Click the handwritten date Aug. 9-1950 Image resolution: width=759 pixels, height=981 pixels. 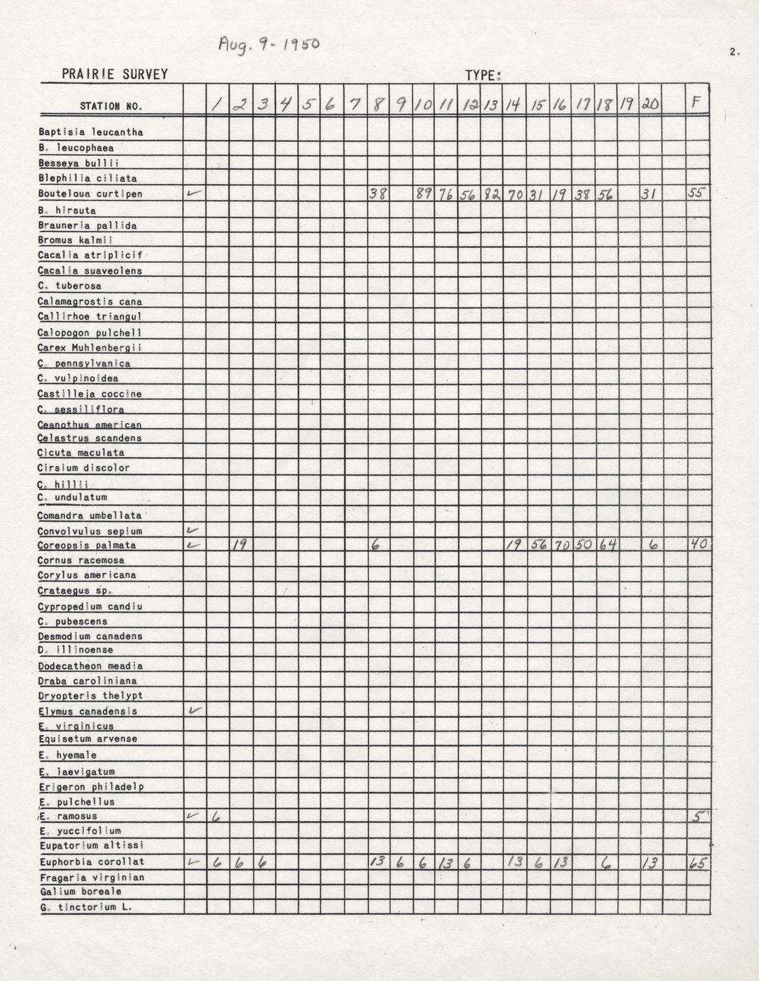269,45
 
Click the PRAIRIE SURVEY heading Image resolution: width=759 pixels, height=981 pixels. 114,74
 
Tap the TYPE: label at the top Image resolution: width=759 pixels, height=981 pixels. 483,75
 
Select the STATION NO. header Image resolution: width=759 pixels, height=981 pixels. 111,107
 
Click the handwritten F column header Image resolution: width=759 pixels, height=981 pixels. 696,103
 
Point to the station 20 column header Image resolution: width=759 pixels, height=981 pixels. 650,104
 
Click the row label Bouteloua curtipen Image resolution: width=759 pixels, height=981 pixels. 90,194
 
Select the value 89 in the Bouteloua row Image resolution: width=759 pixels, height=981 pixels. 424,193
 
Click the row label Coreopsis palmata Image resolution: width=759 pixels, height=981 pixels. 87,546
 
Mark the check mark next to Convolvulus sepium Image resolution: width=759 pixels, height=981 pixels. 193,530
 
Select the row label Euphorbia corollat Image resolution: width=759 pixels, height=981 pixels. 92,862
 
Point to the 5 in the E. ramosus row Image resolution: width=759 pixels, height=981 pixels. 698,817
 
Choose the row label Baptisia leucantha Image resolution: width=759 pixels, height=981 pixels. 91,132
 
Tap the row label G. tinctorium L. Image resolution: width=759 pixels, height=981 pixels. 86,908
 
